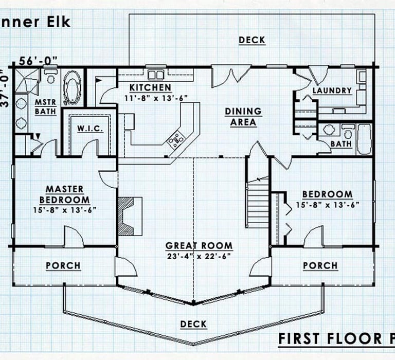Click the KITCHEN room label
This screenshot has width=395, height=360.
click(x=150, y=87)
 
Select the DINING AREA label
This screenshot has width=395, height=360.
click(x=243, y=117)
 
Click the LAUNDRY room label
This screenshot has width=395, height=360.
click(x=332, y=91)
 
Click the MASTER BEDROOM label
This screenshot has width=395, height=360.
click(x=64, y=194)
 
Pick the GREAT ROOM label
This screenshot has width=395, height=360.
click(x=199, y=246)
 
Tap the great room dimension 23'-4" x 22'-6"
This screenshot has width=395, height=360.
click(x=199, y=256)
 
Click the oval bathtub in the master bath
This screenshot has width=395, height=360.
click(x=71, y=88)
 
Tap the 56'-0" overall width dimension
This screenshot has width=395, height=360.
click(x=38, y=60)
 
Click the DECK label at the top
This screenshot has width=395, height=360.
click(x=252, y=40)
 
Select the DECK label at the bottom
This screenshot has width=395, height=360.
click(x=193, y=324)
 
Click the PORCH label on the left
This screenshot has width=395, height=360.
click(x=63, y=265)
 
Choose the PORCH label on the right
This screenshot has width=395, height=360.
click(x=320, y=265)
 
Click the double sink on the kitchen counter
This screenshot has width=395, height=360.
click(x=156, y=75)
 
